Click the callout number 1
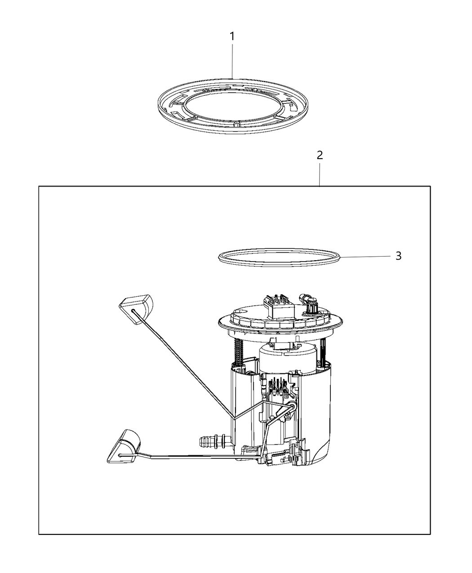tap(232, 36)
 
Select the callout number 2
tap(320, 155)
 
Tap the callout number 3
tap(398, 256)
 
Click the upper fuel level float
tap(136, 309)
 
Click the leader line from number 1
tap(232, 61)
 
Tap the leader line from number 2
tap(320, 175)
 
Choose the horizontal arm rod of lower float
tap(192, 457)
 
